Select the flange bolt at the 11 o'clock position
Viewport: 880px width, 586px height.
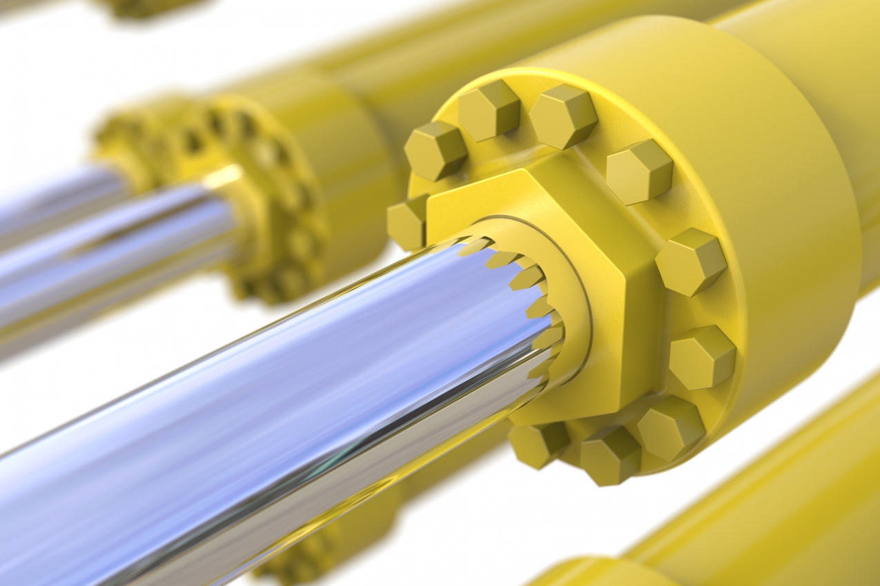coord(488,110)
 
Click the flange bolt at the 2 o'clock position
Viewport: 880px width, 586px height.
coord(639,172)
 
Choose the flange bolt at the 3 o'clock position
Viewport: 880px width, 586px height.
coord(690,262)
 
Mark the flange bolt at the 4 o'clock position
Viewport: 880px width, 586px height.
coord(702,357)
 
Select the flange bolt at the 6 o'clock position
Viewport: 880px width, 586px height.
coord(609,455)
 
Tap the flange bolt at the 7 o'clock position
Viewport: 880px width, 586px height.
coord(539,443)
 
